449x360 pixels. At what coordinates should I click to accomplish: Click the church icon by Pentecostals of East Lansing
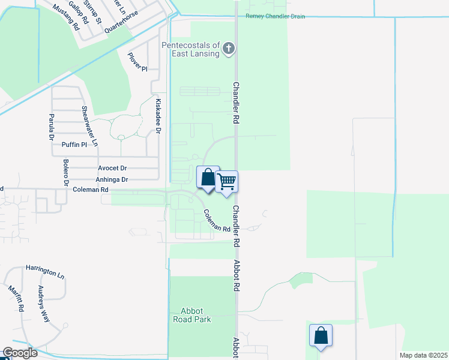pyautogui.click(x=228, y=49)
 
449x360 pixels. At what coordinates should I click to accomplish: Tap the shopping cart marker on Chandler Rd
pyautogui.click(x=227, y=181)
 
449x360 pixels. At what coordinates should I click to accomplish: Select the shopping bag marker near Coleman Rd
pyautogui.click(x=208, y=177)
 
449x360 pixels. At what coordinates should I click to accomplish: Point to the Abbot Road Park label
pyautogui.click(x=191, y=315)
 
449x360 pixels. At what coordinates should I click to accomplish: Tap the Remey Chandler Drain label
pyautogui.click(x=275, y=16)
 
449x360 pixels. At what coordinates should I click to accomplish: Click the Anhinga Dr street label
pyautogui.click(x=112, y=179)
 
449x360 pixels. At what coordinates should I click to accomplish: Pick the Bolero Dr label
pyautogui.click(x=65, y=171)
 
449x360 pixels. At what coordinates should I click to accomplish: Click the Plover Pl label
pyautogui.click(x=137, y=62)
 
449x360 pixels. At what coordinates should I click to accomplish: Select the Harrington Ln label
pyautogui.click(x=44, y=271)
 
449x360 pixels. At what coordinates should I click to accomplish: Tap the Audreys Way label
pyautogui.click(x=44, y=304)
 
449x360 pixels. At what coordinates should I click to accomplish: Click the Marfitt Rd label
pyautogui.click(x=16, y=298)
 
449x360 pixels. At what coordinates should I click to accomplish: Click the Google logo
pyautogui.click(x=20, y=353)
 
